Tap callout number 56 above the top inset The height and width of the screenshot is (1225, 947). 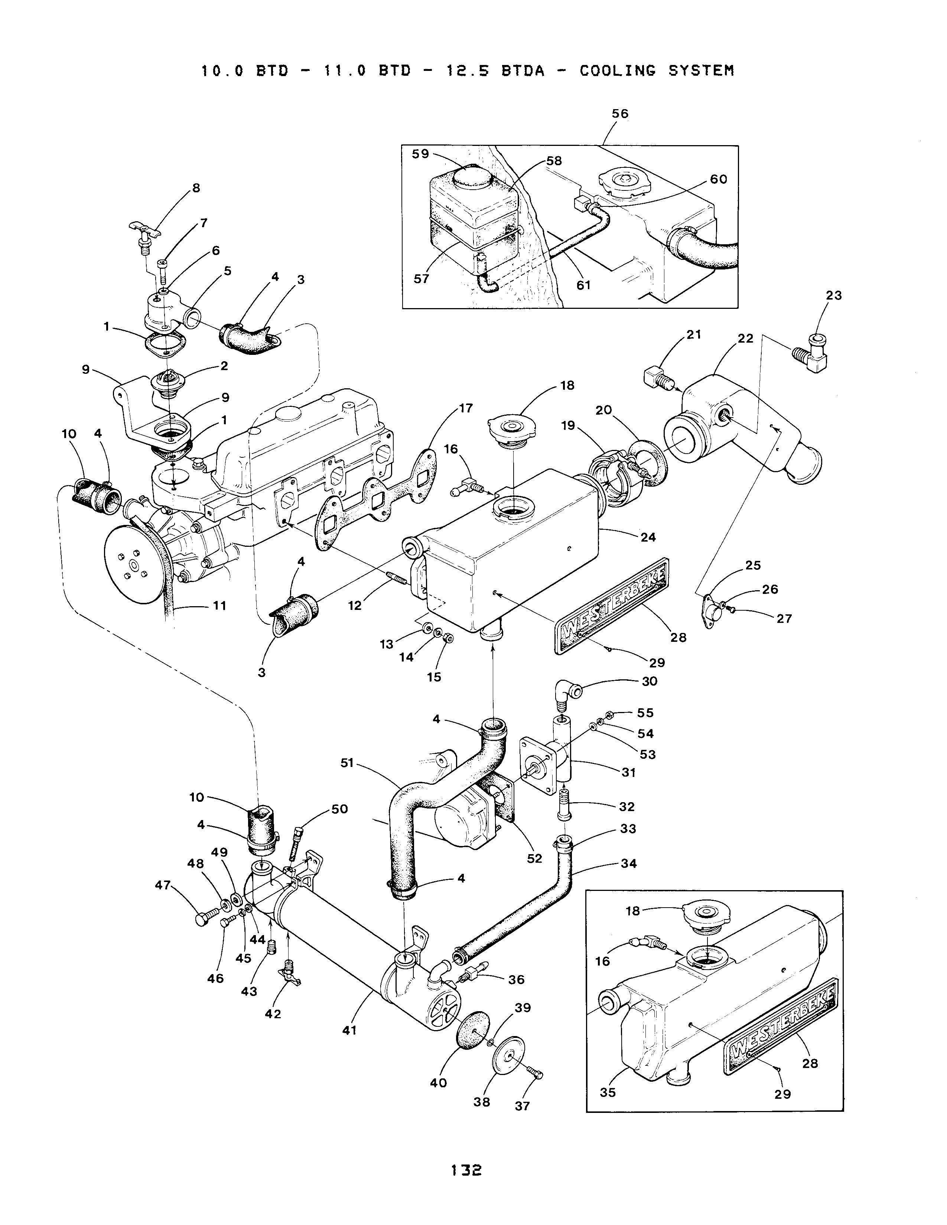619,114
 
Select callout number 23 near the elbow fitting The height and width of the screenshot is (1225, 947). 834,295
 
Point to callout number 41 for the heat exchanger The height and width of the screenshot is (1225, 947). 349,1030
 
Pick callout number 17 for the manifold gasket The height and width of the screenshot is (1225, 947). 466,408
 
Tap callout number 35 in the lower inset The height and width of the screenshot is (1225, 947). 608,1092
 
